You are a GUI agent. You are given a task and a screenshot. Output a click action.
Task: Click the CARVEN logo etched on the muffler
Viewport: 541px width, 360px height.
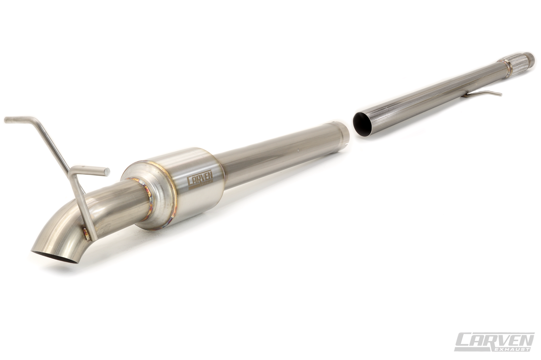[200, 182]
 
